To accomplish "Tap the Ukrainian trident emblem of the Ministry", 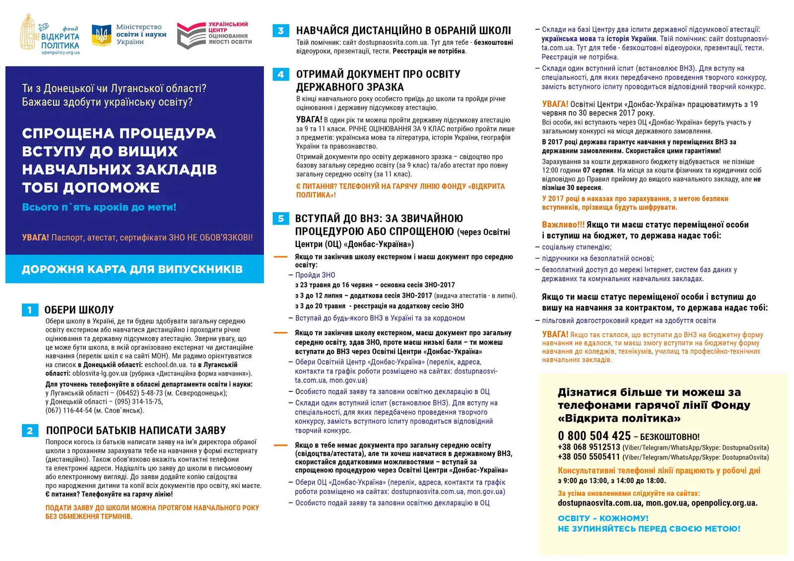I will coord(101,35).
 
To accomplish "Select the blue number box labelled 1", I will coord(30,310).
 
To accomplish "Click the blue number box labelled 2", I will coord(30,431).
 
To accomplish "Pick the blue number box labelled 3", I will coord(281,31).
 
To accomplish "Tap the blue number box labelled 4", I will coord(281,74).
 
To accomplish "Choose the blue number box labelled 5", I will coord(281,219).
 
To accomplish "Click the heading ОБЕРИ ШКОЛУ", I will coord(79,310).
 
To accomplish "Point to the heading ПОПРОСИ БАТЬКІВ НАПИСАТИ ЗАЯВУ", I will coord(135,431).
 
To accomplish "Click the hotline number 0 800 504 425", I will coord(594,436).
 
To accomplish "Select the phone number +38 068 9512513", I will coord(589,447).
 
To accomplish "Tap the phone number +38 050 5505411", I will coord(589,457).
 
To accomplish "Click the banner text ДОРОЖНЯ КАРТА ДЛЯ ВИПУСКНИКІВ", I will coord(132,269).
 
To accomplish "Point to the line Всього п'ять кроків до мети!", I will coord(99,207).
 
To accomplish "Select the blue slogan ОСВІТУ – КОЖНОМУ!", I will coord(603,518).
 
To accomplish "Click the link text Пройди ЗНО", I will coord(315,275).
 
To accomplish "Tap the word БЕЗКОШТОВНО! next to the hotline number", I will coord(669,437).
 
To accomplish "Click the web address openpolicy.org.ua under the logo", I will coord(60,53).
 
